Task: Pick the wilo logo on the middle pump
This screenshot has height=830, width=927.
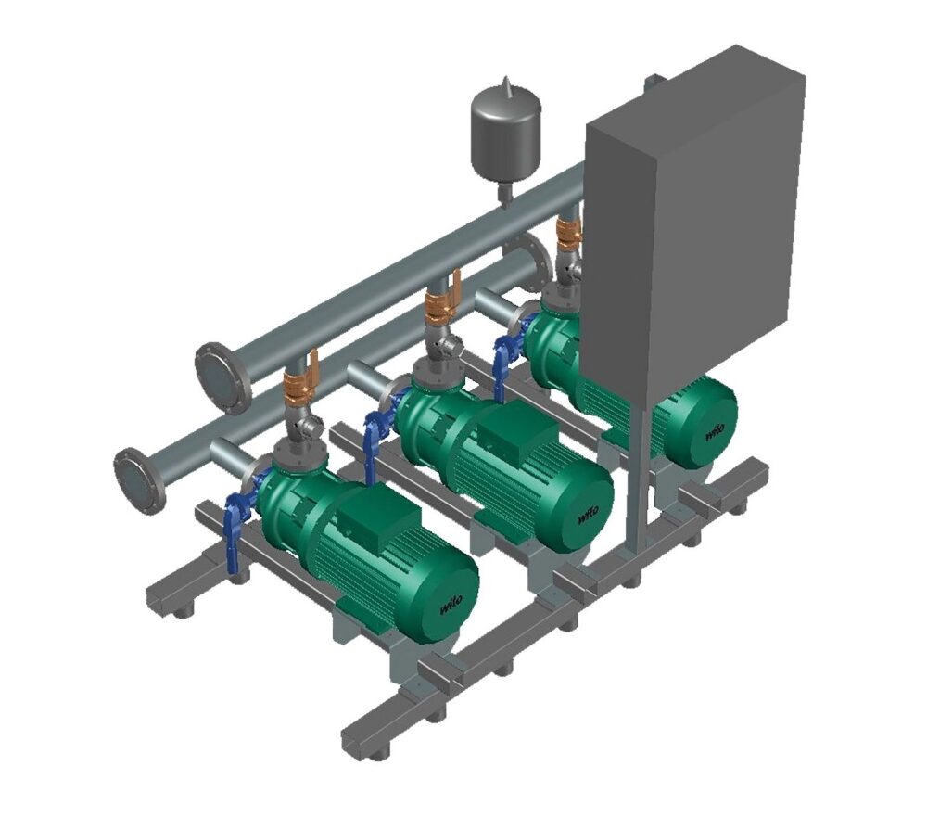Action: (587, 512)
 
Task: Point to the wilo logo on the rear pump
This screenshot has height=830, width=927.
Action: (716, 431)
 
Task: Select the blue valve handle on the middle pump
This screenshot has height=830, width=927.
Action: (374, 439)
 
